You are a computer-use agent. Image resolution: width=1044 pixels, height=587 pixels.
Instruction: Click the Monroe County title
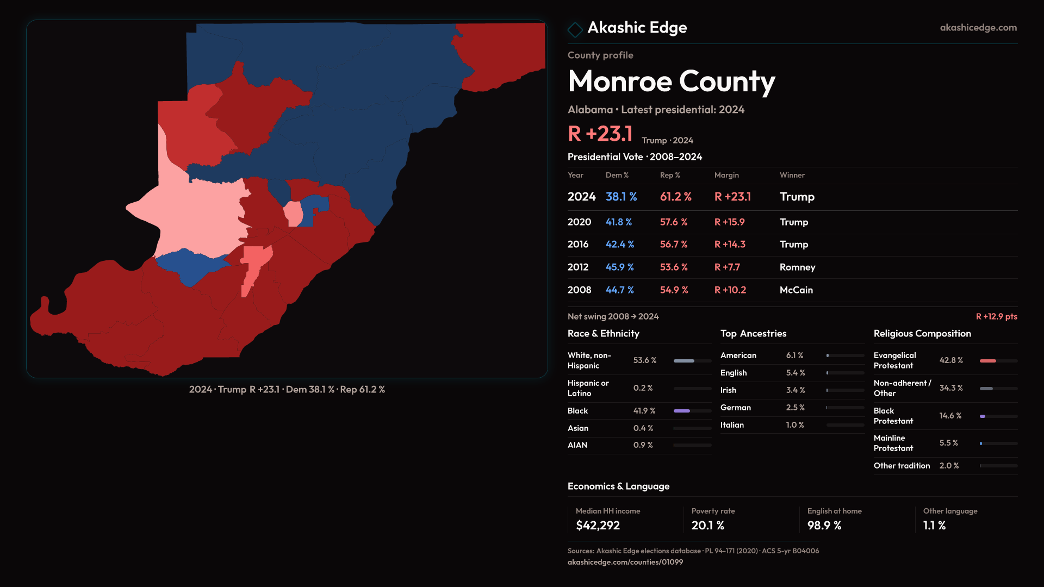click(x=671, y=82)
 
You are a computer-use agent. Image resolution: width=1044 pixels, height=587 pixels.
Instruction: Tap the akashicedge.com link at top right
click(x=978, y=28)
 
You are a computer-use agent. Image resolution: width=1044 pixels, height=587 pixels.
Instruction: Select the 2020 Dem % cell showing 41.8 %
click(x=618, y=222)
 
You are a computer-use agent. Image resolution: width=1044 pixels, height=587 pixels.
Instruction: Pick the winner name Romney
click(x=797, y=267)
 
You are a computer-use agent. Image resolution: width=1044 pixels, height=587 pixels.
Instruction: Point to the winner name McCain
click(x=796, y=290)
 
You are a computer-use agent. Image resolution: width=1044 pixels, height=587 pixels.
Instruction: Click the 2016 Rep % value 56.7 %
click(x=673, y=245)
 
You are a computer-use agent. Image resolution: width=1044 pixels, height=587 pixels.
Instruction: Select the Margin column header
click(x=726, y=175)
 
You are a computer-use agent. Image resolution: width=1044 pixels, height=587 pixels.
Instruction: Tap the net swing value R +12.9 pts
click(x=996, y=316)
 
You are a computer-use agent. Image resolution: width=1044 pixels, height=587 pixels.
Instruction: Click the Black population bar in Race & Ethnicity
click(x=682, y=411)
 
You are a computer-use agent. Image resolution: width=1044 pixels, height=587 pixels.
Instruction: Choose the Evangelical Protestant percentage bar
click(x=988, y=361)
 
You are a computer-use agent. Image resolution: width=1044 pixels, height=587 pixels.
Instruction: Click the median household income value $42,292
click(x=598, y=526)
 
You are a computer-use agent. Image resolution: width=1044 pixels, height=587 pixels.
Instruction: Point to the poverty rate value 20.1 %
click(x=707, y=526)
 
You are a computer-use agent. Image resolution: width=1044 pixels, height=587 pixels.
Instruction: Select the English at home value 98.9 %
click(x=824, y=526)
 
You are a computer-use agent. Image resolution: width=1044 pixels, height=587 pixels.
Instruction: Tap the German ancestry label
click(x=735, y=408)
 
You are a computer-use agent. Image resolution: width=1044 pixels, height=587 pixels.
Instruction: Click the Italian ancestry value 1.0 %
click(x=794, y=425)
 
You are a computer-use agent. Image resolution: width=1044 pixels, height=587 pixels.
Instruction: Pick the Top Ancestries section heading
click(x=753, y=334)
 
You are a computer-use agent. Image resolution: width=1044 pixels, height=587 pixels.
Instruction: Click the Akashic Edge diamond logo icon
click(x=575, y=29)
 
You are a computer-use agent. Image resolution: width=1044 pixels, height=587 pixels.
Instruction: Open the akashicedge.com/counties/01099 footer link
click(x=625, y=562)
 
